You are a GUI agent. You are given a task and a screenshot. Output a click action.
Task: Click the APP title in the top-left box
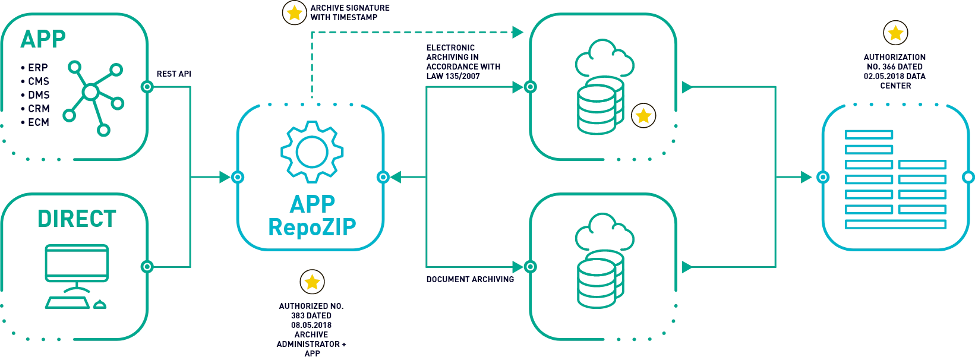(42, 39)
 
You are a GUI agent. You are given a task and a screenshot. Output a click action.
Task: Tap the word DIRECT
(77, 219)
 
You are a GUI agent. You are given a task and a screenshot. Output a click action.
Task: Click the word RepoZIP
(312, 226)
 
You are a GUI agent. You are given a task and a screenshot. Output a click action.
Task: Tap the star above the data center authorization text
(895, 34)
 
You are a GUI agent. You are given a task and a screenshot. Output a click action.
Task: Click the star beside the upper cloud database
(643, 115)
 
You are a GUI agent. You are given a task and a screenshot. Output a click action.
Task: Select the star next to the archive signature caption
(294, 12)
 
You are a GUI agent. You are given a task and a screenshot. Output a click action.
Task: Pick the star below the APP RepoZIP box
(312, 282)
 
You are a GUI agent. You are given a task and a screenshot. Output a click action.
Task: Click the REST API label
(175, 75)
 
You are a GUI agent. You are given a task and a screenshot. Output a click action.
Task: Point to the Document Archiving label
(470, 279)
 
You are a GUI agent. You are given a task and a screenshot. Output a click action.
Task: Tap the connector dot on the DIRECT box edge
(147, 267)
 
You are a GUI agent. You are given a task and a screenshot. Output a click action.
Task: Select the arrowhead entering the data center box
(806, 177)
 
